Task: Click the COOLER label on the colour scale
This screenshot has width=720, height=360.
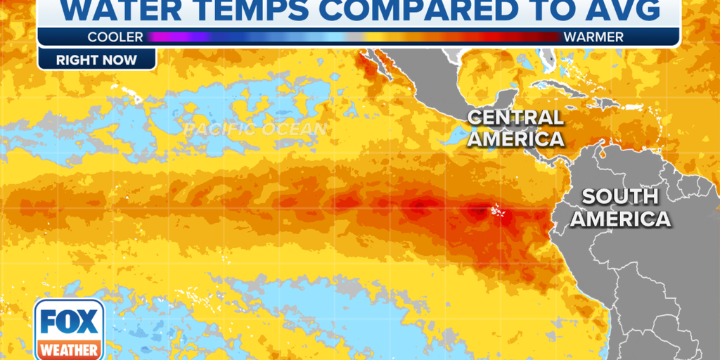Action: point(115,37)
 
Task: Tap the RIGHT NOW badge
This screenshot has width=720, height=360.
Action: point(97,60)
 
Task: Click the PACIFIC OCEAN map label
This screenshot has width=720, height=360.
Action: point(256,129)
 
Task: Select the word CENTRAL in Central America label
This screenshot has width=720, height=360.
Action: point(515,117)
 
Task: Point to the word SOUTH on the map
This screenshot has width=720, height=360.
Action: point(620,196)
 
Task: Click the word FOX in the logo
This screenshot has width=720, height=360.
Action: point(69,322)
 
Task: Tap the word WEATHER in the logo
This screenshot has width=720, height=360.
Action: point(69,349)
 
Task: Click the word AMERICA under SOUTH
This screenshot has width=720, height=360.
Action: point(620,219)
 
